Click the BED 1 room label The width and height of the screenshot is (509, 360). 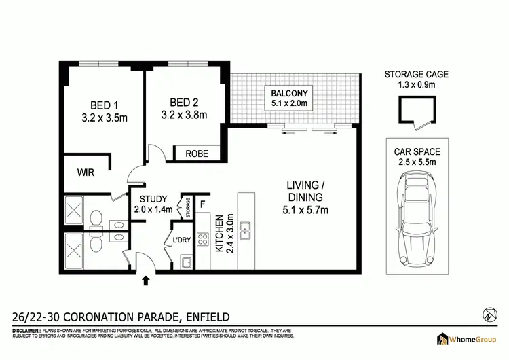104,105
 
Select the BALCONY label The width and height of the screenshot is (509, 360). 290,93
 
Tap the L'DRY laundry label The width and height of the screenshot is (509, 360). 181,240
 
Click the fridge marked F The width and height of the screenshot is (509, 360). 202,202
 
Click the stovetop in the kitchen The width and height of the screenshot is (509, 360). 202,238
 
